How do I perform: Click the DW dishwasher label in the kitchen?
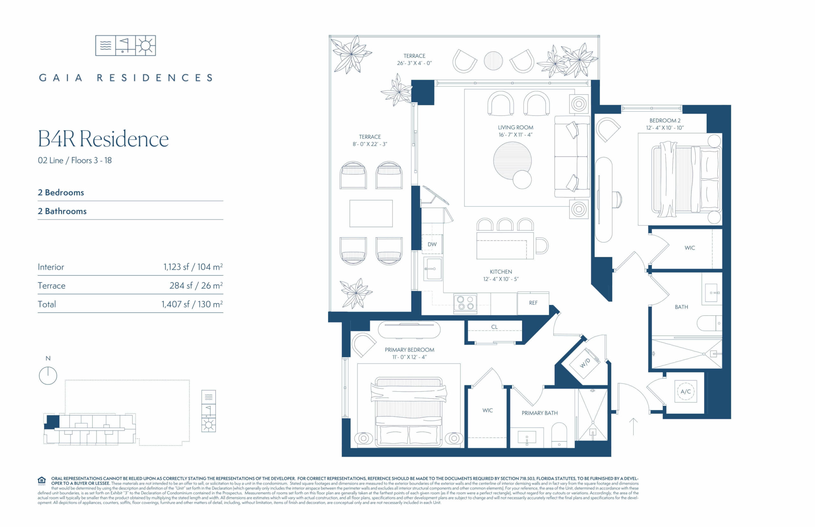(432, 244)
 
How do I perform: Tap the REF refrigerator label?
(533, 303)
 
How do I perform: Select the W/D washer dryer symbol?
(585, 363)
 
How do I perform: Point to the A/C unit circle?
(686, 391)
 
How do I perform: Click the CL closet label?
(494, 327)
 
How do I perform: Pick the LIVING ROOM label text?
(515, 127)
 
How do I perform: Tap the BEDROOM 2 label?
(665, 121)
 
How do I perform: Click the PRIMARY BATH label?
(539, 413)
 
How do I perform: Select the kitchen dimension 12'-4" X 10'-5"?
(501, 279)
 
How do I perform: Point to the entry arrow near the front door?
(633, 426)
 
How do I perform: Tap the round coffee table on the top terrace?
(493, 60)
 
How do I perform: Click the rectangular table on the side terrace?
(371, 214)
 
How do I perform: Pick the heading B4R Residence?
(103, 139)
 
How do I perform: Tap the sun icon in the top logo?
(145, 46)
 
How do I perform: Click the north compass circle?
(48, 376)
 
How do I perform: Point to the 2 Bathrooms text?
(62, 211)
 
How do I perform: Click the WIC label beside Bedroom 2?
(690, 248)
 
